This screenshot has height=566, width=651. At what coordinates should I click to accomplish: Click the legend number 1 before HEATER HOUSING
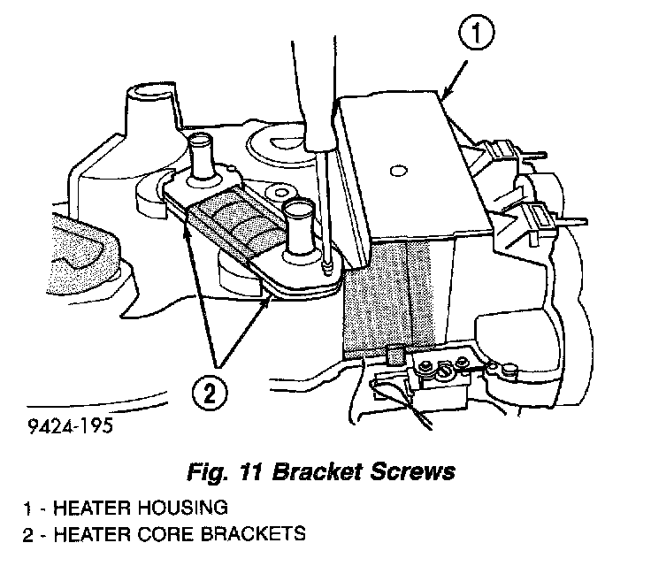tap(30, 509)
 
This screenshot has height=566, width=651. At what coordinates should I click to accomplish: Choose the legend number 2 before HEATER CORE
tap(30, 533)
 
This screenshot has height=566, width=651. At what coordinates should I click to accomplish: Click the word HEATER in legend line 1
tap(91, 509)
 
